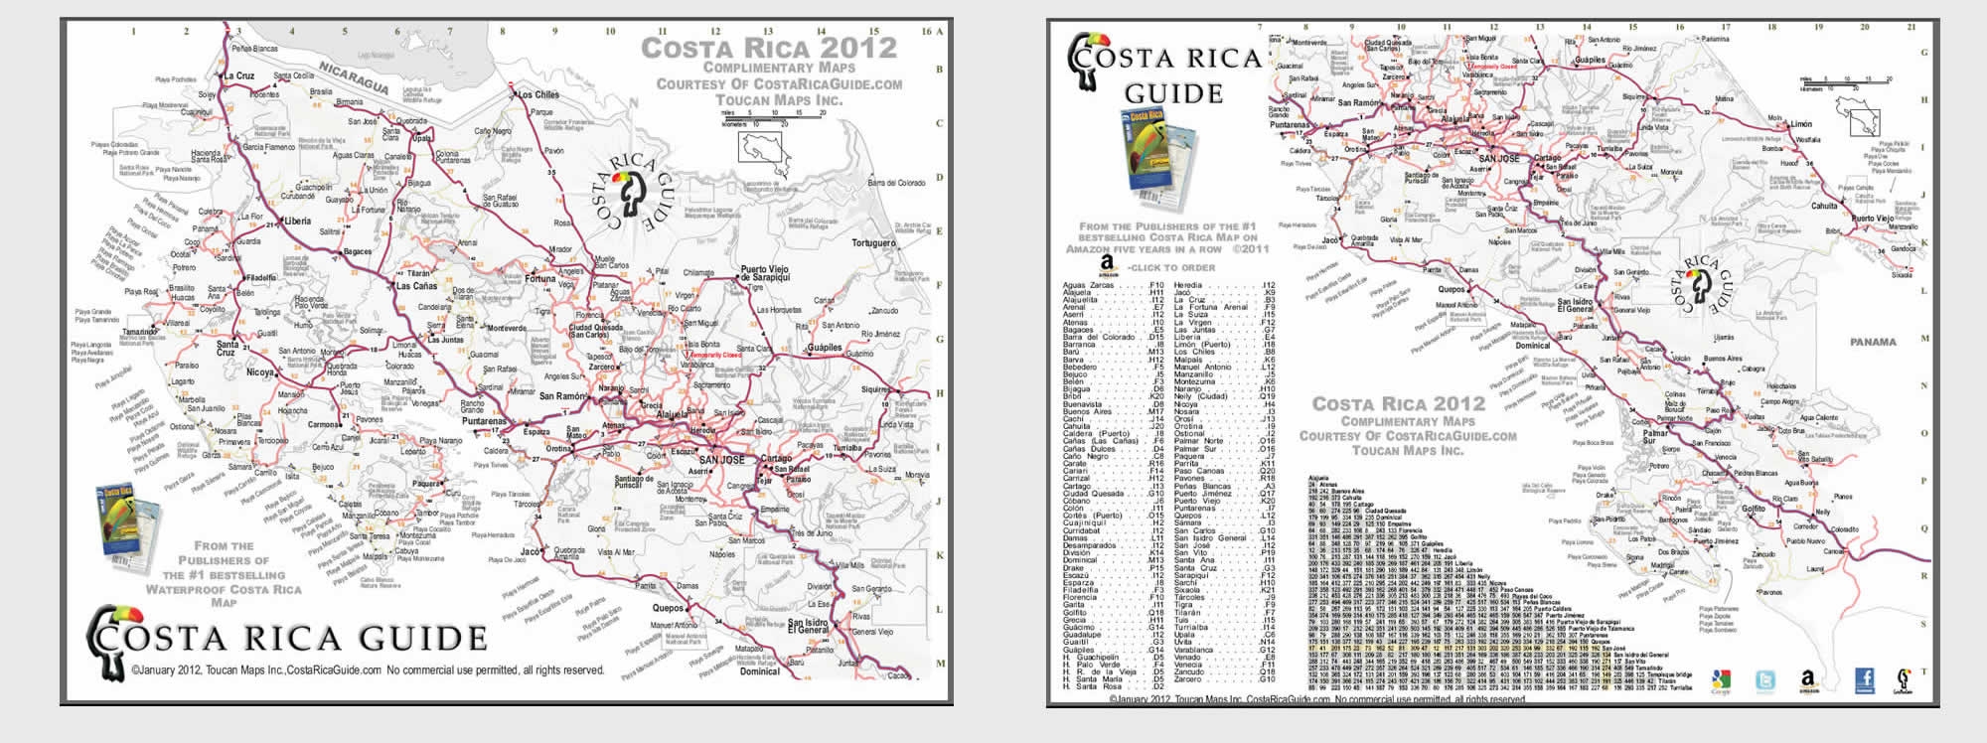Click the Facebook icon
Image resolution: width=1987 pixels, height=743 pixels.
tap(1864, 679)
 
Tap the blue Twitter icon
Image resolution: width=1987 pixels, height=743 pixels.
tap(1765, 681)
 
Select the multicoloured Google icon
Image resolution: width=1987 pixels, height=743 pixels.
tap(1721, 681)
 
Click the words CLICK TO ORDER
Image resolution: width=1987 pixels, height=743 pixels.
tap(1172, 267)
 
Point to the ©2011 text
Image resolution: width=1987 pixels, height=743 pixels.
tap(1252, 249)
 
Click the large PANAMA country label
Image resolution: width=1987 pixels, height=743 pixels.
tap(1873, 342)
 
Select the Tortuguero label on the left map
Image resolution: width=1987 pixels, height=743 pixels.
tap(873, 242)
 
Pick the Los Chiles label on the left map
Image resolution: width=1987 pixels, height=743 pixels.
tap(538, 95)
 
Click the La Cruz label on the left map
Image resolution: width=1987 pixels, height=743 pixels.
tap(238, 75)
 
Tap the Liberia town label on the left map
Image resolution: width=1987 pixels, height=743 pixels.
tap(298, 221)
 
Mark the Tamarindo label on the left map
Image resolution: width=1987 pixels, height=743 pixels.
tap(139, 333)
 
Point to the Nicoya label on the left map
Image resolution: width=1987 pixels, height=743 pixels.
tap(260, 372)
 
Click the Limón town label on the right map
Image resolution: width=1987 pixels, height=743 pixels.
tap(1801, 125)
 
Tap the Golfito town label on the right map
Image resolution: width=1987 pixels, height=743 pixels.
tap(1754, 509)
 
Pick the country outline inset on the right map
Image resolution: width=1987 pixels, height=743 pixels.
tap(1857, 116)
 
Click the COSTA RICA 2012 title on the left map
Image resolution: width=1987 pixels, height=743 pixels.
tap(768, 48)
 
